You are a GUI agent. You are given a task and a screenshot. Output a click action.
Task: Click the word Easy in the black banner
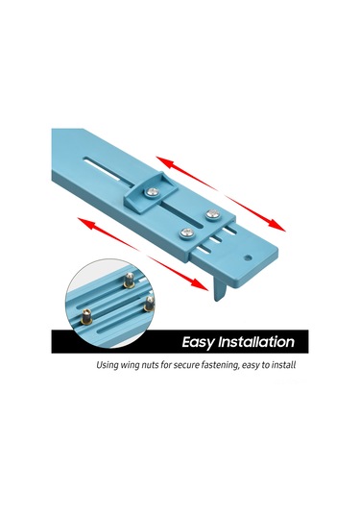pos(198,342)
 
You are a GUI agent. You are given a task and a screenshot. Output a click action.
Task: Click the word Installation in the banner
pos(256,342)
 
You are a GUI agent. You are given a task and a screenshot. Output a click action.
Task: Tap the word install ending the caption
pos(284,365)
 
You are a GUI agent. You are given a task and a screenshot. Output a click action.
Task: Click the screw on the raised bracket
pos(153,192)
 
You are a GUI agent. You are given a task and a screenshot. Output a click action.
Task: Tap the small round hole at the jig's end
pos(249,258)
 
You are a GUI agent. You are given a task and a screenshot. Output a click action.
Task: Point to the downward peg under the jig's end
pos(220,288)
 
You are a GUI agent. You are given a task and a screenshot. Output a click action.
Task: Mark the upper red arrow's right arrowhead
pos(277,226)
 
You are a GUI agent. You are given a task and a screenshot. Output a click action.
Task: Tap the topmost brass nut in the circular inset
pos(129,281)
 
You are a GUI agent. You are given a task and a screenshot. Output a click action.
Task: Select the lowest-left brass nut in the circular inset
pos(86,316)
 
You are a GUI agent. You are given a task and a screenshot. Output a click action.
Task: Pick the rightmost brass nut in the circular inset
pos(149,304)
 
